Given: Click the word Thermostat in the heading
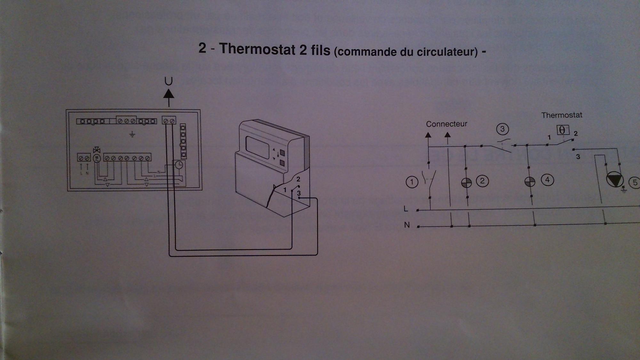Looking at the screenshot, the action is tap(257, 50).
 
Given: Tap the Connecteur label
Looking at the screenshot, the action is tap(446, 124).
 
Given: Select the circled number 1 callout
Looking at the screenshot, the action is tap(412, 182).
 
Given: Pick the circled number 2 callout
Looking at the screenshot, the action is tap(482, 181).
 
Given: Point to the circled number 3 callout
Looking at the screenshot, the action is tap(502, 129).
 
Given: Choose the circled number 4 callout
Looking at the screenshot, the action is tap(548, 180).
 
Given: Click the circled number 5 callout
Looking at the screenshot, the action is tap(635, 182).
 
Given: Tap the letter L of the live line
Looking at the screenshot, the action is tap(406, 209).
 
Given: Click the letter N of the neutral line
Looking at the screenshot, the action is tap(407, 225).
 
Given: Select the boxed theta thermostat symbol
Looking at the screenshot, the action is tap(563, 130).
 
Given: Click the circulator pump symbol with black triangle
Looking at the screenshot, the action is tap(614, 179).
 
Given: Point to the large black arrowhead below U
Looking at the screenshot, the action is tap(169, 94).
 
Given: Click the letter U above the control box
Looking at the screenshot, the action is tap(168, 81).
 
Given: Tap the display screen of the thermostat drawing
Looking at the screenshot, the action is tap(258, 147).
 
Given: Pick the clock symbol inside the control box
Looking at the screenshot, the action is tap(179, 165).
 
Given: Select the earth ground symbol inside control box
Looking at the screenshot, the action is tap(132, 134).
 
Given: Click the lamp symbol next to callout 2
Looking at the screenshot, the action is tap(466, 182).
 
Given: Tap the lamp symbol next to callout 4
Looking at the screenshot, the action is tap(530, 181).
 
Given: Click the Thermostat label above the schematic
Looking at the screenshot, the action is tap(562, 115).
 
